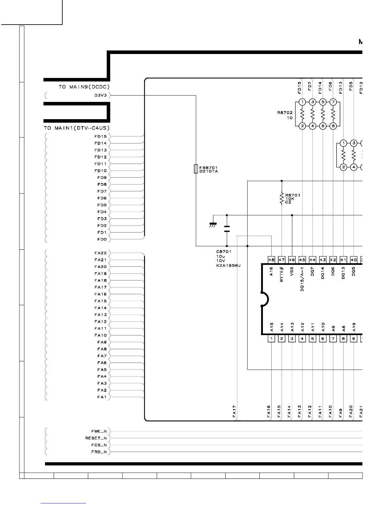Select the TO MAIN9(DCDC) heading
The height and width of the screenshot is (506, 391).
click(x=84, y=87)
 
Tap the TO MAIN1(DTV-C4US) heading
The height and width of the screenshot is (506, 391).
click(x=77, y=128)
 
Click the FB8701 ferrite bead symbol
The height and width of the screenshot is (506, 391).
click(x=196, y=169)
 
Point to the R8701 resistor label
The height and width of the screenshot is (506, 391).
click(x=292, y=195)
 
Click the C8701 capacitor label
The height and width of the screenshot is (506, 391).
click(x=224, y=251)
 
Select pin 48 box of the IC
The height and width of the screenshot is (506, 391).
click(x=271, y=260)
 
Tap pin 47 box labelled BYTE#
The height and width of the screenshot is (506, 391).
click(x=281, y=260)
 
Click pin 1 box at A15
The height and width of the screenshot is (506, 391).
click(x=271, y=339)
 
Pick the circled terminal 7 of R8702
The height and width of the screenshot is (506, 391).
click(x=333, y=102)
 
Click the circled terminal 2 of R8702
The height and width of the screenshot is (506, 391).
click(x=302, y=126)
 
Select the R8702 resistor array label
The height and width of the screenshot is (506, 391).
click(x=285, y=113)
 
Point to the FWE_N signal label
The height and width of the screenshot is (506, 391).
click(x=99, y=431)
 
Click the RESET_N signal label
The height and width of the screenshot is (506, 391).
click(x=96, y=438)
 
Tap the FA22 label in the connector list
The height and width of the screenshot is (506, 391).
click(x=100, y=253)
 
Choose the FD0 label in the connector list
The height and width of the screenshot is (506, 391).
click(x=102, y=239)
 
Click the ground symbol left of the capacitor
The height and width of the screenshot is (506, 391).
click(x=212, y=225)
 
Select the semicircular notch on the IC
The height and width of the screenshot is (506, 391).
click(x=265, y=300)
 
